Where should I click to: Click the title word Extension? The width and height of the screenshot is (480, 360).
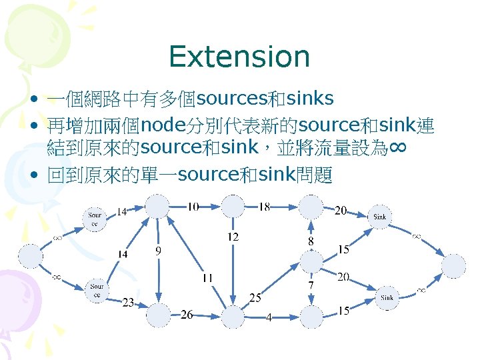[x=239, y=57]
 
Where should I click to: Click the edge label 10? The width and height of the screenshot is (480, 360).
[x=192, y=207]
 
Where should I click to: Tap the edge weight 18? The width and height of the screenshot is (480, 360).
[x=264, y=207]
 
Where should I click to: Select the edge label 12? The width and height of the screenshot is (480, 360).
[x=233, y=237]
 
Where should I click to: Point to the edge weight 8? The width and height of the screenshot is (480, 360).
[x=311, y=241]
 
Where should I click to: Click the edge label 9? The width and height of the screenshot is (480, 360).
[x=157, y=251]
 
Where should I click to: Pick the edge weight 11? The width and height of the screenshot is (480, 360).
[x=207, y=277]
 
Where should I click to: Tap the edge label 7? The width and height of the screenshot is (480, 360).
[x=310, y=285]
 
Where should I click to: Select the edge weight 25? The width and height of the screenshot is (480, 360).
[x=255, y=297]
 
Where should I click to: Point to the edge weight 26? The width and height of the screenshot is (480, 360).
[x=187, y=315]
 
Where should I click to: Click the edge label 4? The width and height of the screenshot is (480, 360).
[x=269, y=317]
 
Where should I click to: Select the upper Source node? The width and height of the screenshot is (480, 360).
[x=96, y=219]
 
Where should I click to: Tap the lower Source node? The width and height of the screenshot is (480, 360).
[x=97, y=290]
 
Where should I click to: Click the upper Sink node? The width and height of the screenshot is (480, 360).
[x=379, y=217]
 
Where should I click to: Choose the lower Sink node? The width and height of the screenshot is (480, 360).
[x=387, y=297]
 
